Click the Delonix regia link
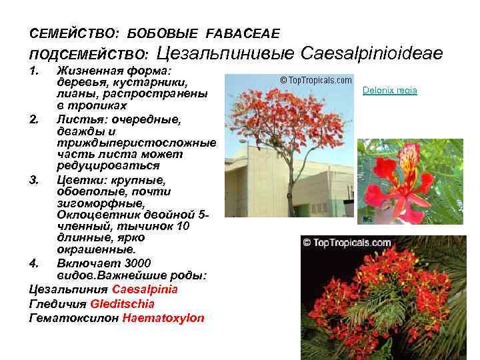[x=390, y=90]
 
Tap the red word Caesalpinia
[x=145, y=290]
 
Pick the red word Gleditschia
[x=128, y=304]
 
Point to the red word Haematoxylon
[x=163, y=318]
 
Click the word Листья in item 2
[x=76, y=119]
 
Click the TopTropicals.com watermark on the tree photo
[x=315, y=80]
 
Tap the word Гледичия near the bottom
[x=58, y=304]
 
